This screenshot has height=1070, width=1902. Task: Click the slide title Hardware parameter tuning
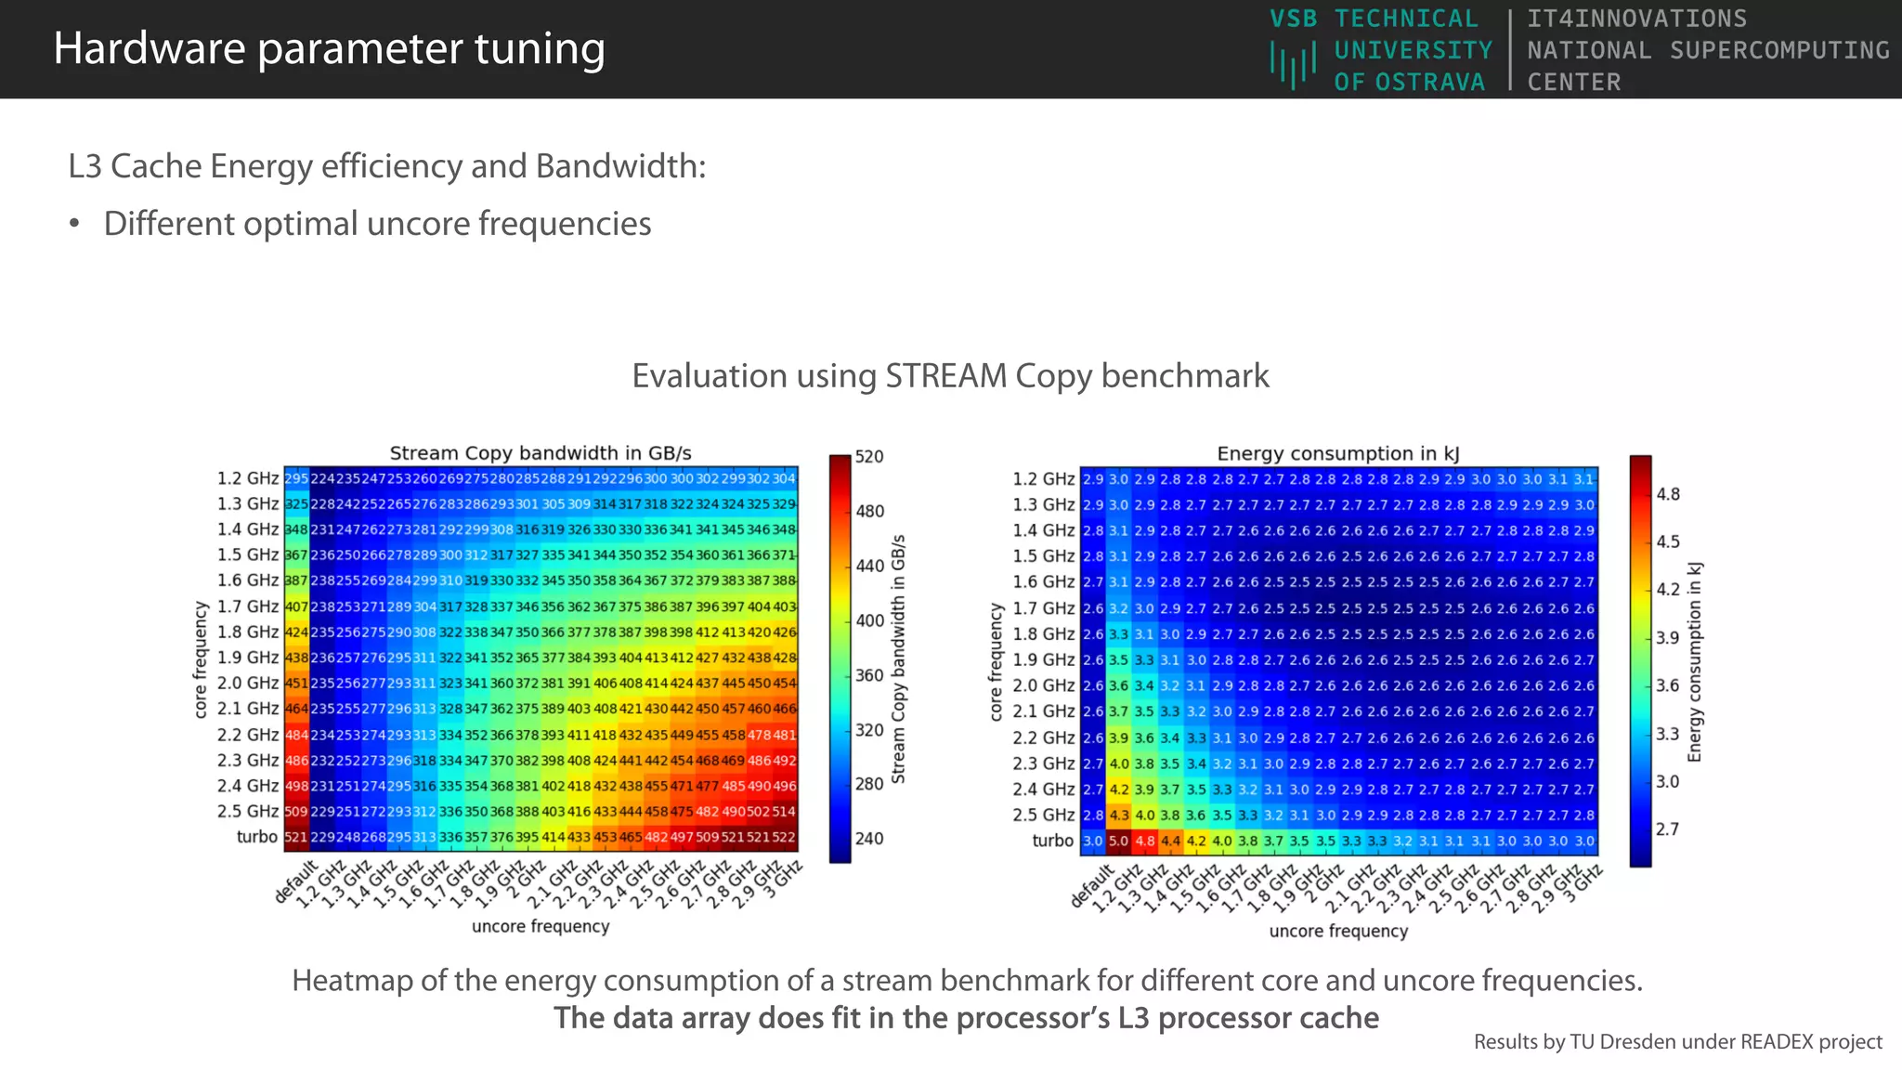coord(329,48)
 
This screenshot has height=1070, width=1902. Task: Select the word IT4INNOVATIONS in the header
coord(1636,19)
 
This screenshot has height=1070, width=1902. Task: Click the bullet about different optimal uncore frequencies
coord(377,224)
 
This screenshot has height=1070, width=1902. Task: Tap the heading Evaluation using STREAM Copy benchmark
coord(950,375)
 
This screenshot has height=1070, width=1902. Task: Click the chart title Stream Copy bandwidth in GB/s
coord(540,453)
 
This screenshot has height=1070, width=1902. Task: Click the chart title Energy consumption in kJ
coord(1337,453)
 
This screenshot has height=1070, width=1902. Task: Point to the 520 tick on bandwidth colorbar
coord(869,457)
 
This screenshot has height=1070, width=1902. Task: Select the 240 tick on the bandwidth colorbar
coord(869,839)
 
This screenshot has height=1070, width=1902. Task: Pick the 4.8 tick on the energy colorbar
coord(1668,494)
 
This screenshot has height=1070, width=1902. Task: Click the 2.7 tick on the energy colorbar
coord(1668,829)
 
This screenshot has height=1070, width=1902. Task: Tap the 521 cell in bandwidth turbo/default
coord(296,838)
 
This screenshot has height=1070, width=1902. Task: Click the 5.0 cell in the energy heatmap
coord(1118,842)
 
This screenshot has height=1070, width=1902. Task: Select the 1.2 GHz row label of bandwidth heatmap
coord(247,478)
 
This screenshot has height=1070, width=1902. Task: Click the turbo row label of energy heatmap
coord(1052,841)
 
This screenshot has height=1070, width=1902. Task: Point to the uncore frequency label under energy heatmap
coord(1337,931)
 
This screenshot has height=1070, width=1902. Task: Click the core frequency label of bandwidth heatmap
coord(201,659)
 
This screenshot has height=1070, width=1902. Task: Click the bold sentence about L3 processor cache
coord(966,1018)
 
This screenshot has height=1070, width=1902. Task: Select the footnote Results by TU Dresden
coord(1677,1042)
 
